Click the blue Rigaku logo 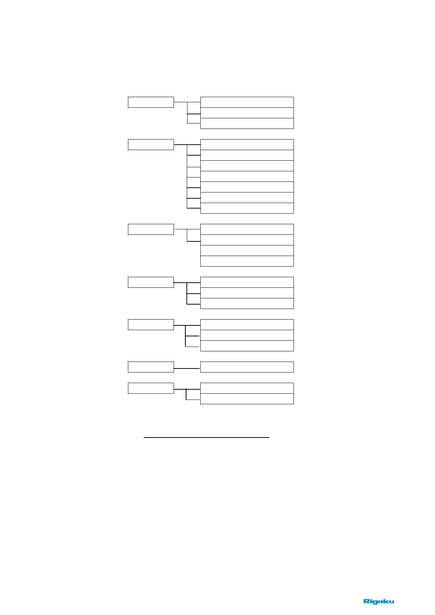pyautogui.click(x=379, y=601)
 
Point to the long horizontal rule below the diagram pyautogui.click(x=207, y=437)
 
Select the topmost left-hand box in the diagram pyautogui.click(x=151, y=102)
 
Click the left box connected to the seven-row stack pyautogui.click(x=151, y=145)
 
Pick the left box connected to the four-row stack pyautogui.click(x=151, y=229)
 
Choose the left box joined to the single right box pyautogui.click(x=151, y=367)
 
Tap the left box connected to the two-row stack pyautogui.click(x=151, y=388)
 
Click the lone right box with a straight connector pyautogui.click(x=247, y=367)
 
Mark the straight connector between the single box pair pyautogui.click(x=187, y=369)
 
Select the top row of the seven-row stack pyautogui.click(x=247, y=145)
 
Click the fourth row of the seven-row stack pyautogui.click(x=247, y=176)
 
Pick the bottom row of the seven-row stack pyautogui.click(x=247, y=208)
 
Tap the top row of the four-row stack pyautogui.click(x=247, y=229)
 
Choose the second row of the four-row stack pyautogui.click(x=247, y=240)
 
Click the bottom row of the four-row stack pyautogui.click(x=247, y=261)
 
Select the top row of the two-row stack pyautogui.click(x=247, y=388)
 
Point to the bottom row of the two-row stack pyautogui.click(x=247, y=399)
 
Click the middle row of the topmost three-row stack pyautogui.click(x=247, y=113)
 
